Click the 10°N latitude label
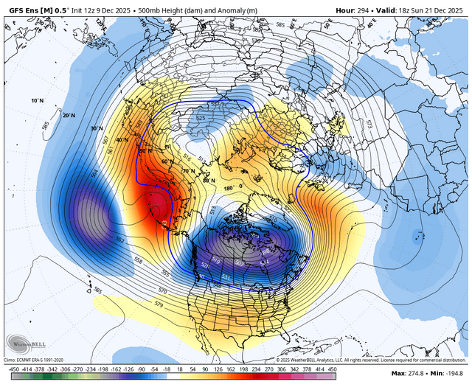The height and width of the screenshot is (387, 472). tap(38, 100)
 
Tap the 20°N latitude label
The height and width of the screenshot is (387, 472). tap(69, 116)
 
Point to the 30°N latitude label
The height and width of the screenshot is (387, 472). tap(96, 128)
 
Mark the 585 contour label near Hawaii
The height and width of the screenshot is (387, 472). tap(97, 290)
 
